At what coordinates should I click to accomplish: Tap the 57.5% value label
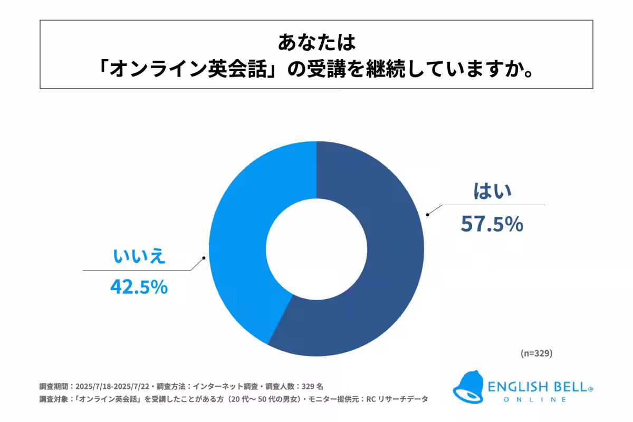click(x=492, y=224)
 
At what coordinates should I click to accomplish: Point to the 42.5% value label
click(x=139, y=287)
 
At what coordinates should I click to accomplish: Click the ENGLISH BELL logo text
click(x=538, y=387)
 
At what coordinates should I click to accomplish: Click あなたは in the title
click(x=316, y=42)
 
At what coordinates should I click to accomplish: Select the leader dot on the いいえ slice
click(x=203, y=258)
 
